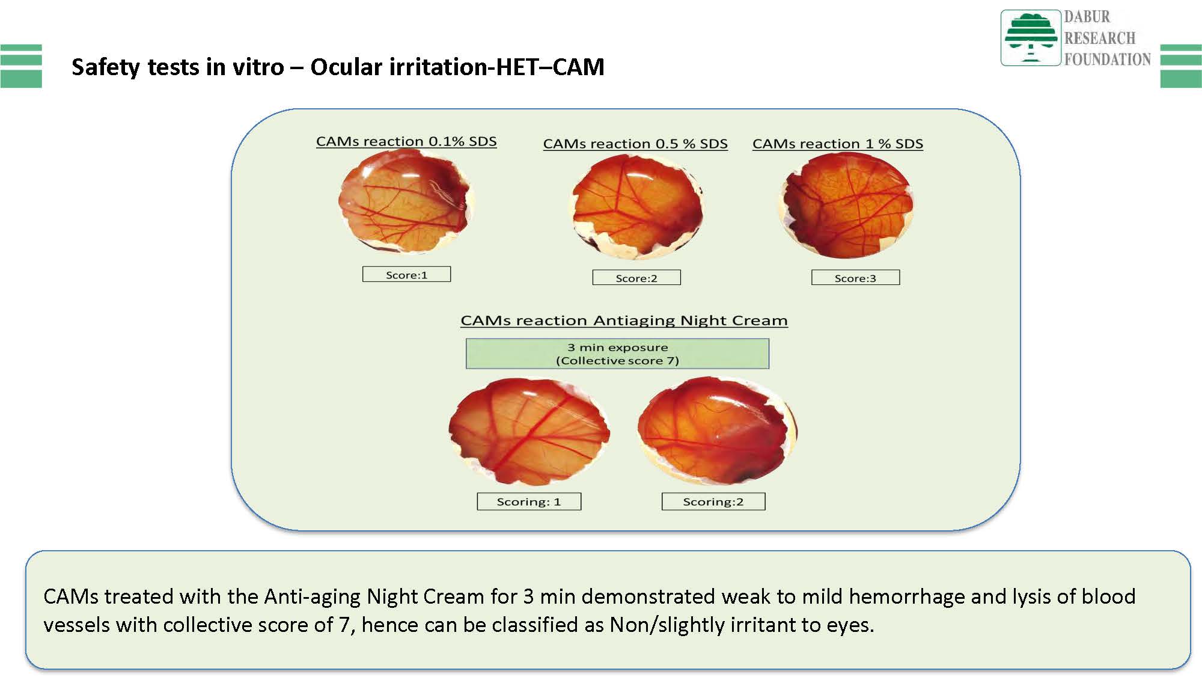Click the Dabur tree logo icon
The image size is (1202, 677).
(x=1030, y=37)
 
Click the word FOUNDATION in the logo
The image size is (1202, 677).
(x=1107, y=59)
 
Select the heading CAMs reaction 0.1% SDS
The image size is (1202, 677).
(x=406, y=141)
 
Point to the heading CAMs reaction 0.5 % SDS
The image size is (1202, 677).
(x=635, y=144)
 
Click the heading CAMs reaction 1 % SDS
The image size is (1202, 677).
(x=838, y=144)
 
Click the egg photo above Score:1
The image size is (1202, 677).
(x=406, y=201)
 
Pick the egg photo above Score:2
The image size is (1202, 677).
(x=636, y=206)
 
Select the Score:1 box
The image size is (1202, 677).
(x=406, y=274)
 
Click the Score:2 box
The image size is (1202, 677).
(x=636, y=277)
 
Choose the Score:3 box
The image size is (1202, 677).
(x=855, y=277)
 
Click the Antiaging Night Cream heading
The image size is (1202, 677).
(x=624, y=320)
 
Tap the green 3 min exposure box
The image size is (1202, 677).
(x=617, y=354)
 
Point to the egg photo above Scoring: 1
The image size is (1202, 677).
(x=529, y=431)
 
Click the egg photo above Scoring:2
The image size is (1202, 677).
(x=718, y=430)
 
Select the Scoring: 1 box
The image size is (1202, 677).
(x=529, y=501)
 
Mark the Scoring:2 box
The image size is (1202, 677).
(x=713, y=501)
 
